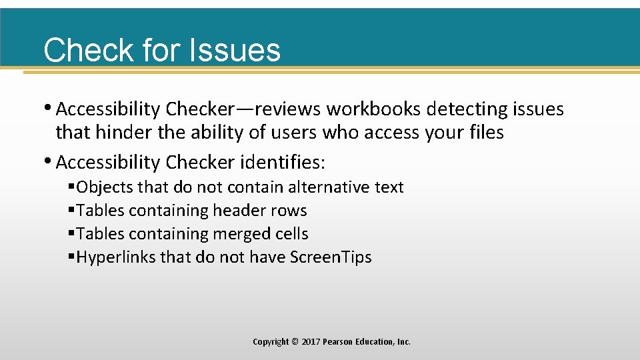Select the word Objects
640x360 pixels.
[105, 187]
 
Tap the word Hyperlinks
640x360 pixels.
[116, 257]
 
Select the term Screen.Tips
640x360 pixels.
[331, 257]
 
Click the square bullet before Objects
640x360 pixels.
[71, 187]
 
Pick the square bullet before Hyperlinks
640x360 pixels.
[71, 257]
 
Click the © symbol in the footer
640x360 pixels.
[295, 342]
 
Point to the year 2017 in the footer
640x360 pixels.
[311, 342]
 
